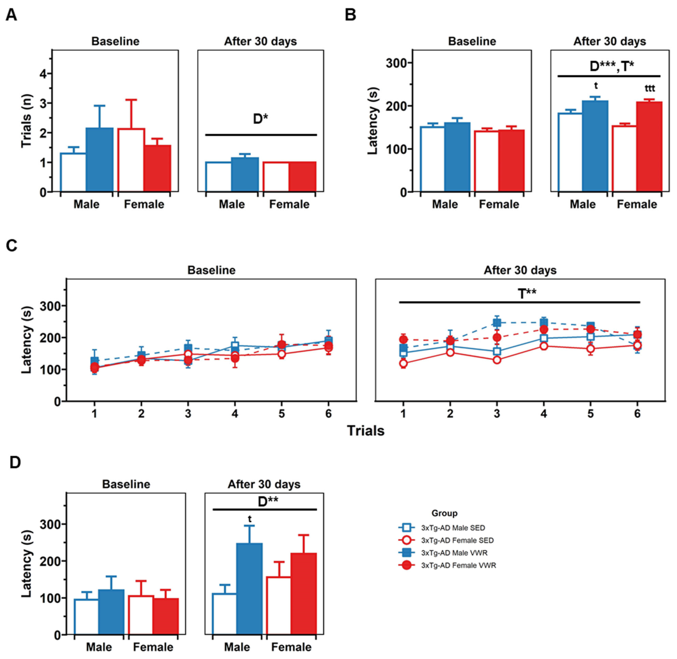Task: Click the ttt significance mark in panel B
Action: point(650,89)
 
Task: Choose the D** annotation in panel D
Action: point(268,501)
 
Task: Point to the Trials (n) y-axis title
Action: point(26,121)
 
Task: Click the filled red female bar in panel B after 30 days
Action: point(649,146)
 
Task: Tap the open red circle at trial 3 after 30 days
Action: point(497,360)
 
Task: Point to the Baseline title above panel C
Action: point(211,270)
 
